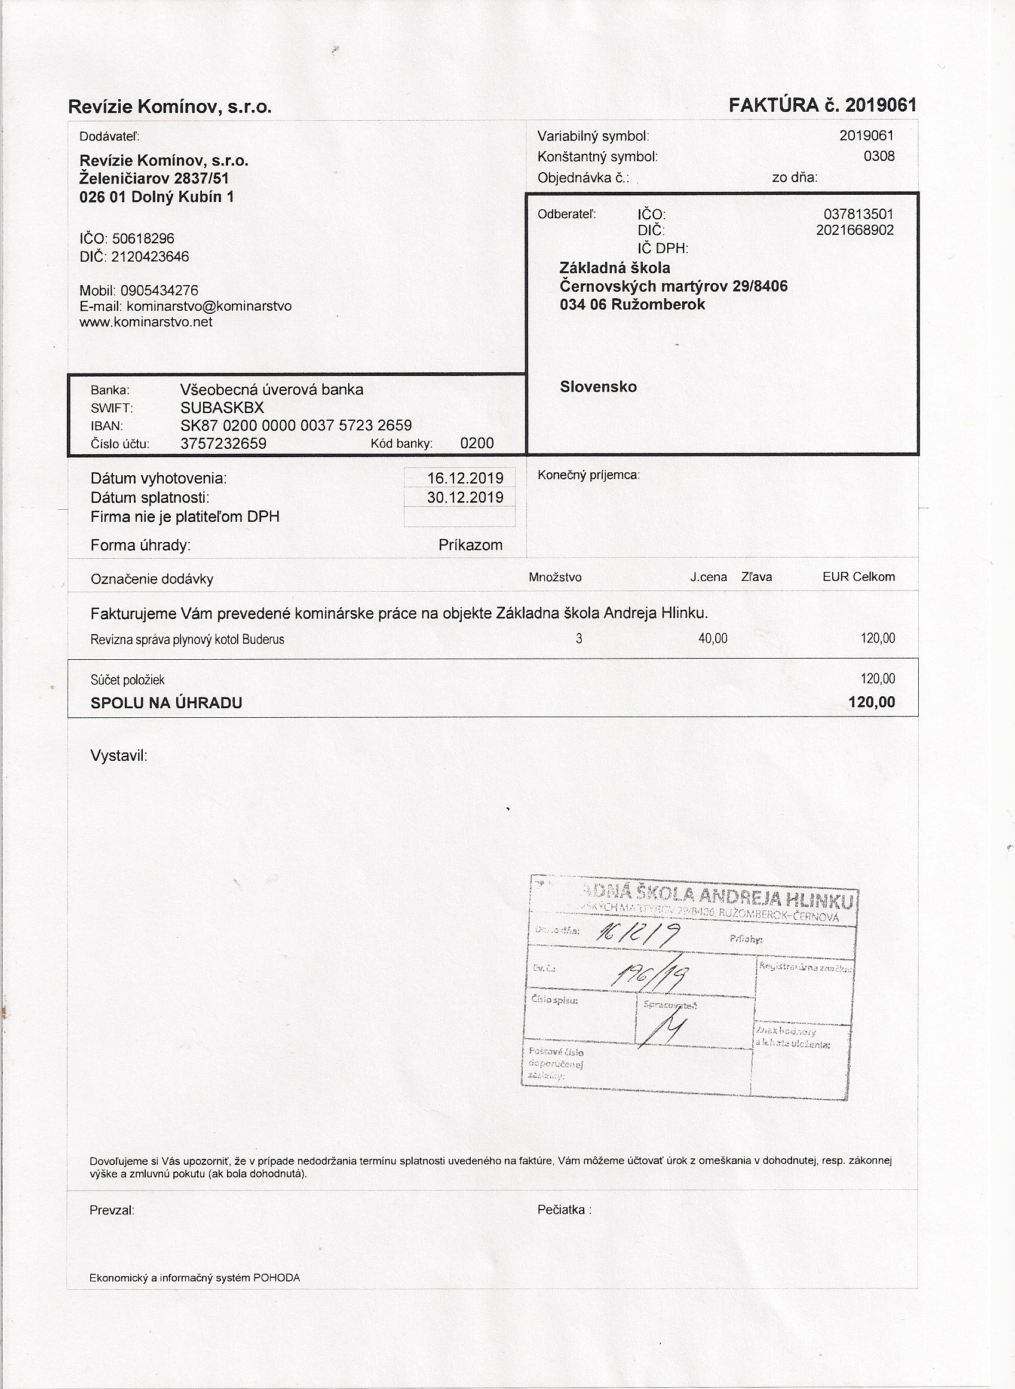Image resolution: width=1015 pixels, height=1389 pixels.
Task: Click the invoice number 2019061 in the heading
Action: pyautogui.click(x=881, y=105)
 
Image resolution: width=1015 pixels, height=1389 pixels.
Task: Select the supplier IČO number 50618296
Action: pyautogui.click(x=143, y=238)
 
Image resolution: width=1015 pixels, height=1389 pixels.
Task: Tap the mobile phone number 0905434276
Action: pyautogui.click(x=159, y=290)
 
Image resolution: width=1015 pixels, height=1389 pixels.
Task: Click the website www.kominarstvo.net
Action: pyautogui.click(x=146, y=322)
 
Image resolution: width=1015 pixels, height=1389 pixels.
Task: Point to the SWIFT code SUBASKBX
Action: pyautogui.click(x=222, y=408)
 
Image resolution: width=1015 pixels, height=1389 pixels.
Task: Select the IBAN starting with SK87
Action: pyautogui.click(x=296, y=426)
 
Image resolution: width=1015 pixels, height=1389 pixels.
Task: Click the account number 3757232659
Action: pyautogui.click(x=223, y=443)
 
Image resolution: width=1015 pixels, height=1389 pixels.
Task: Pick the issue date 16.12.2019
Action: pyautogui.click(x=465, y=478)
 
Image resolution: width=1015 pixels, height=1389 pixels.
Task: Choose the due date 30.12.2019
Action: pyautogui.click(x=465, y=497)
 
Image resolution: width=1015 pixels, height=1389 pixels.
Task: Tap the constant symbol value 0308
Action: pyautogui.click(x=879, y=156)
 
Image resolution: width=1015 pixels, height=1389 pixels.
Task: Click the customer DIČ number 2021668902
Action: pyautogui.click(x=855, y=231)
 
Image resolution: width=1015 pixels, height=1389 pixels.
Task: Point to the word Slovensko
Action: pyautogui.click(x=598, y=387)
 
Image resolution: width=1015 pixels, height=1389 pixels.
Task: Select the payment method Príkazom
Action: pyautogui.click(x=470, y=545)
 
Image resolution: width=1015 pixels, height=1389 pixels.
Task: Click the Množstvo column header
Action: pyautogui.click(x=555, y=578)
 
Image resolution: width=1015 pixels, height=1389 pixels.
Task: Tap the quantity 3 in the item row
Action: pyautogui.click(x=579, y=639)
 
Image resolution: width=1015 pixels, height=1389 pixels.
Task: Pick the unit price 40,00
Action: pyautogui.click(x=713, y=639)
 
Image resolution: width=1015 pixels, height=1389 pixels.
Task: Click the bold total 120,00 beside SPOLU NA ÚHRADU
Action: pyautogui.click(x=871, y=702)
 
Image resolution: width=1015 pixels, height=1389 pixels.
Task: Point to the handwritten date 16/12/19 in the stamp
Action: pyautogui.click(x=638, y=935)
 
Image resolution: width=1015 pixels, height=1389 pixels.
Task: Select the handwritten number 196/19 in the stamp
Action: pyautogui.click(x=650, y=975)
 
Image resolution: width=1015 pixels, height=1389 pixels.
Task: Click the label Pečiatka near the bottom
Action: pyautogui.click(x=563, y=1210)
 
